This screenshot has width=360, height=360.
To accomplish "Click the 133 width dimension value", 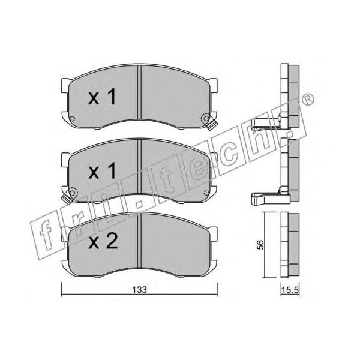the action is coord(140,289).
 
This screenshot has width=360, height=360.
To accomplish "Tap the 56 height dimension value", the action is coord(261,245).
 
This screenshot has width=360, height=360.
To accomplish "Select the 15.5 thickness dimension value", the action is coord(290,290).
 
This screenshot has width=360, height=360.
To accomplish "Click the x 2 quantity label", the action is coord(103,242).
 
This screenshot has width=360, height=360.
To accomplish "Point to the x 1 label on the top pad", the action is coord(102,97).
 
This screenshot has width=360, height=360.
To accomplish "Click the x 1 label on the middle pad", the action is coord(102,171).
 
